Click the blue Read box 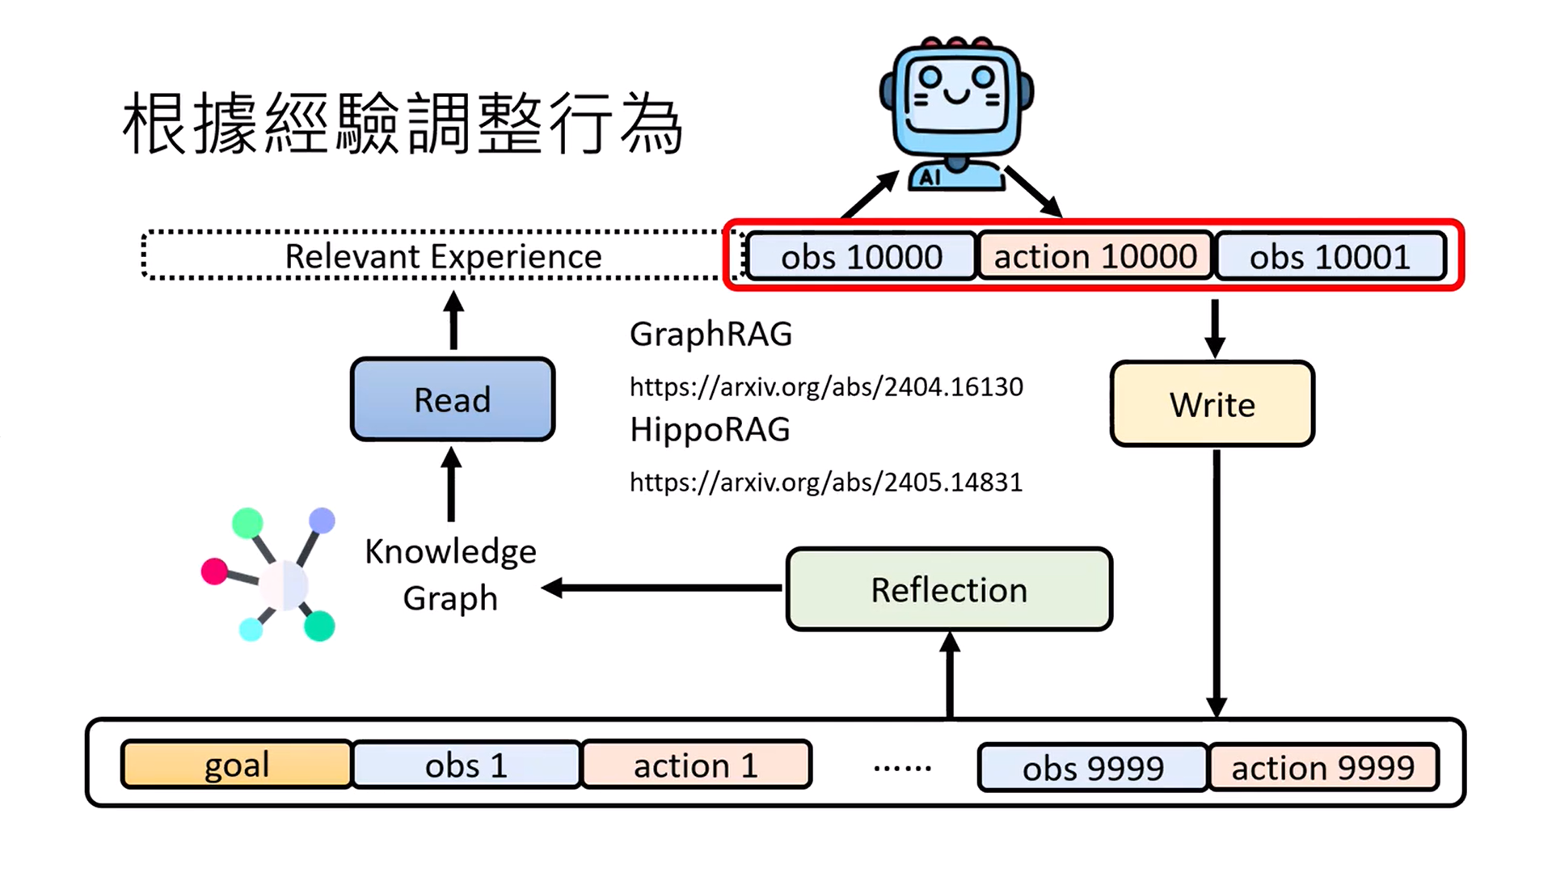(x=453, y=399)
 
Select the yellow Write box (x=1212, y=404)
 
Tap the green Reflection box (x=949, y=589)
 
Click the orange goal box (x=236, y=765)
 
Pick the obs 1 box (x=466, y=765)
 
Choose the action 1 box (x=695, y=765)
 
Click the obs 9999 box (x=1093, y=767)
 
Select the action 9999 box (x=1322, y=767)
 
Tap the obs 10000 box (x=861, y=257)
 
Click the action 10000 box (x=1095, y=257)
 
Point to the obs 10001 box (x=1330, y=257)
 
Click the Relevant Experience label (x=443, y=256)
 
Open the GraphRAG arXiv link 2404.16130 (x=826, y=387)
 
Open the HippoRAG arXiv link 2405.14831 (x=826, y=483)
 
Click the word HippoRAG (x=710, y=430)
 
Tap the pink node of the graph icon (x=214, y=571)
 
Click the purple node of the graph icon (x=322, y=521)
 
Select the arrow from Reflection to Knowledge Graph (x=663, y=588)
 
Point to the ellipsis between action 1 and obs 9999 (x=902, y=768)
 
